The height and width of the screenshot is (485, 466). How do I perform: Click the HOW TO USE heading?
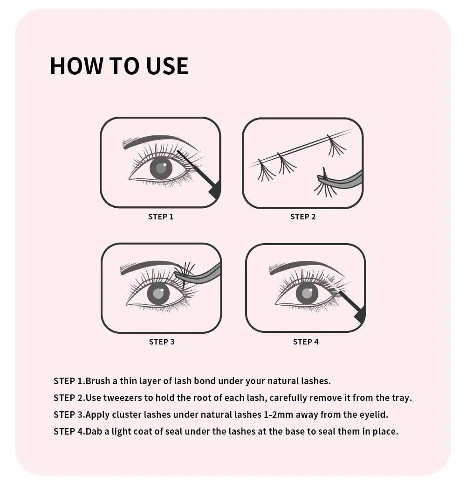[x=119, y=66]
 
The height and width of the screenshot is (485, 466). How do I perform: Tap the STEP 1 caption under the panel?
[x=161, y=217]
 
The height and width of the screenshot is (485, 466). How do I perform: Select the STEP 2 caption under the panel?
[x=303, y=217]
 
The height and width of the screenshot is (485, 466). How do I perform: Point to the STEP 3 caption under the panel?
[x=162, y=342]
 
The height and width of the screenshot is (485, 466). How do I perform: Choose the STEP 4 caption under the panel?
[x=306, y=342]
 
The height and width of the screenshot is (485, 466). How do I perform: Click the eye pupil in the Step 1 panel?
[x=161, y=168]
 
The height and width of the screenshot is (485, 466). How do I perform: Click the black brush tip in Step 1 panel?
[x=215, y=190]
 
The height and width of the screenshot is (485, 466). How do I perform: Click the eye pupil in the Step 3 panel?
[x=158, y=294]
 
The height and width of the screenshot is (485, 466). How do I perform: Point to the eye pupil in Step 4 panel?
[x=307, y=293]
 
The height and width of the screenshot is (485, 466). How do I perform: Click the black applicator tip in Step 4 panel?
[x=360, y=316]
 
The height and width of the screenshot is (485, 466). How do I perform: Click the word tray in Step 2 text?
[x=400, y=398]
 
